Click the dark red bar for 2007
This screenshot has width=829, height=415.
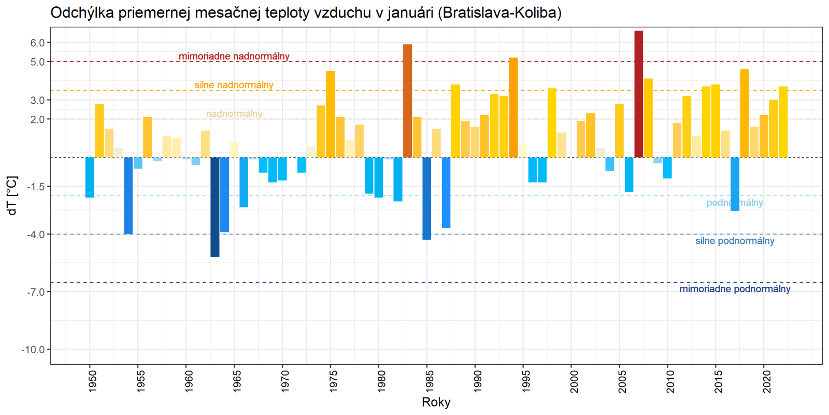(x=639, y=94)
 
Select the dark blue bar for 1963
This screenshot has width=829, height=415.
(x=215, y=207)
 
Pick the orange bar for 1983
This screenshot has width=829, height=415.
(x=408, y=101)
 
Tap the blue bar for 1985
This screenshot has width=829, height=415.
(x=427, y=198)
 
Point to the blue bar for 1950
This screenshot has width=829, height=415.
(x=90, y=177)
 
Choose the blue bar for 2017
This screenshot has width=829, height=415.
(x=735, y=184)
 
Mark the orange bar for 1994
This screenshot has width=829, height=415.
(x=513, y=107)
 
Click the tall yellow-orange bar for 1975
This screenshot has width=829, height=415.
(x=331, y=114)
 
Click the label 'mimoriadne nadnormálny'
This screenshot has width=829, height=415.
(x=234, y=56)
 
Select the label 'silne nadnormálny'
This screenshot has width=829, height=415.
(x=234, y=85)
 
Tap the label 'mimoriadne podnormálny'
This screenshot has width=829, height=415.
(x=735, y=289)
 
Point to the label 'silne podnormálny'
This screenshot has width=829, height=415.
(x=735, y=241)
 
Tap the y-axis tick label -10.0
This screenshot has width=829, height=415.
(x=33, y=350)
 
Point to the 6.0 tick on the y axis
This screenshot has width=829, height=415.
(x=37, y=43)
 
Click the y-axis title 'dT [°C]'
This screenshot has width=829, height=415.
(x=12, y=196)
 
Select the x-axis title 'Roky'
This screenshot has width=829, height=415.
(x=436, y=402)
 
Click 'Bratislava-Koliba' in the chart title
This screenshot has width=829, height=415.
(x=499, y=12)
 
